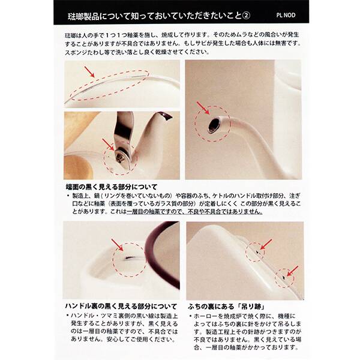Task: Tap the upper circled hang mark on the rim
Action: tap(257, 253)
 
